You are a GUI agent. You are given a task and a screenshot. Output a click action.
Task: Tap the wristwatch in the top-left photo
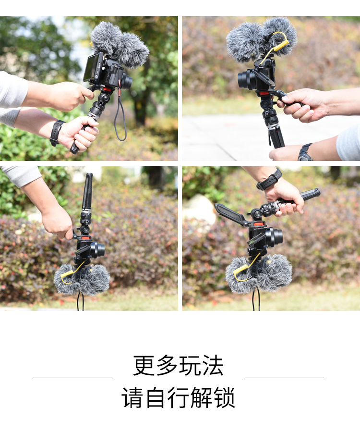pos(57,133)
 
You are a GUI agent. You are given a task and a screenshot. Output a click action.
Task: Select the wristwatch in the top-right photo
pos(305,152)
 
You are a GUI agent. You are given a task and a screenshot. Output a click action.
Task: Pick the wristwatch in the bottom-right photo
pos(269,180)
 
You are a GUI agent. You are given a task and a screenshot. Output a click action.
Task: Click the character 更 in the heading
pos(144,365)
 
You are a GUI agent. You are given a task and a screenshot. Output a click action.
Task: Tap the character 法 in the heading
pos(212,365)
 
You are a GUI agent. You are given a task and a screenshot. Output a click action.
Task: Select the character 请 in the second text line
pos(132,397)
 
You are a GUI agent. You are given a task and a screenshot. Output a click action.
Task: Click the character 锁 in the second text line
pos(225,397)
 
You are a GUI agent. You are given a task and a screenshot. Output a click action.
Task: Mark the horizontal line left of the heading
pos(72,378)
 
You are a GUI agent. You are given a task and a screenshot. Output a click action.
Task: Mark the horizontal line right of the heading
pos(284,378)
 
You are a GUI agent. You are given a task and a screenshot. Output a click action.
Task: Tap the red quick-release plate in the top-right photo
pos(264,93)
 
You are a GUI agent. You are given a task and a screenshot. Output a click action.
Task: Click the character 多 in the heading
pos(167,365)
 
